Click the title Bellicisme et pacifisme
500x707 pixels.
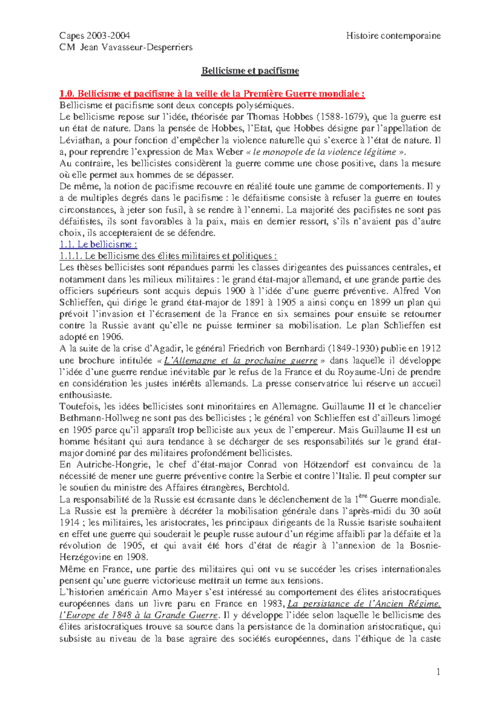click(250, 71)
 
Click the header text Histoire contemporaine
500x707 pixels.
click(393, 36)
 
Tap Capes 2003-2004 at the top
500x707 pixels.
click(95, 36)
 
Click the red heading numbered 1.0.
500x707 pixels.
click(212, 94)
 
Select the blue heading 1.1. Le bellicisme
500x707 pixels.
click(98, 244)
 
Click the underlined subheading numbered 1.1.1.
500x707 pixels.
click(168, 256)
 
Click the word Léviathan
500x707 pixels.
click(79, 140)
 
